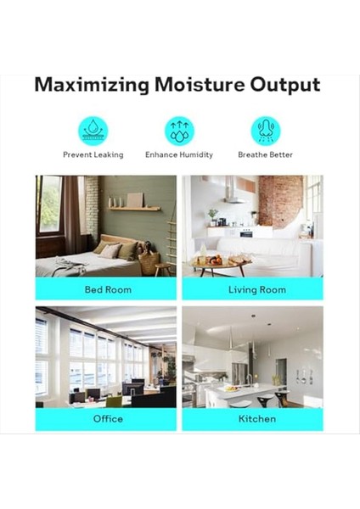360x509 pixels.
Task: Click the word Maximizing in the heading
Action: (x=92, y=85)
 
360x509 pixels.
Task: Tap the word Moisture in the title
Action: (x=200, y=84)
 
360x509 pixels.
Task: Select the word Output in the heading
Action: (x=285, y=86)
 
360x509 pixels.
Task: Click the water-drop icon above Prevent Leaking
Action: (x=93, y=131)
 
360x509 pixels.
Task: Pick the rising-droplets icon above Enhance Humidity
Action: (x=179, y=131)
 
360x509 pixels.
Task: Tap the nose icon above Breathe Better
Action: (x=266, y=131)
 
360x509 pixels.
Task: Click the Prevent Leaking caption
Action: (x=93, y=155)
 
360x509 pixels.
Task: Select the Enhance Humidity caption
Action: (x=179, y=155)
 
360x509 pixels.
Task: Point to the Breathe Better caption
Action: (x=266, y=154)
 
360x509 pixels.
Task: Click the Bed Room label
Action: (x=108, y=289)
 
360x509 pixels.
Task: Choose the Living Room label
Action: (x=257, y=289)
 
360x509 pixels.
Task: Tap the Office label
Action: (x=108, y=419)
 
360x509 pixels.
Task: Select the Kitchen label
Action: (x=257, y=419)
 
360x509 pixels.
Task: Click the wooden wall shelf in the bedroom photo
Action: (x=134, y=209)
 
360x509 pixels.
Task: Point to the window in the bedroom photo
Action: (x=50, y=204)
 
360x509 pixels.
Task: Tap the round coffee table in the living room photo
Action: (x=221, y=265)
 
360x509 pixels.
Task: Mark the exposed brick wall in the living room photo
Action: (x=280, y=200)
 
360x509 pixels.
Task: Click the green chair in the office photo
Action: (x=114, y=401)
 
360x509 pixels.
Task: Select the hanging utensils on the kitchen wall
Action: (x=305, y=377)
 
